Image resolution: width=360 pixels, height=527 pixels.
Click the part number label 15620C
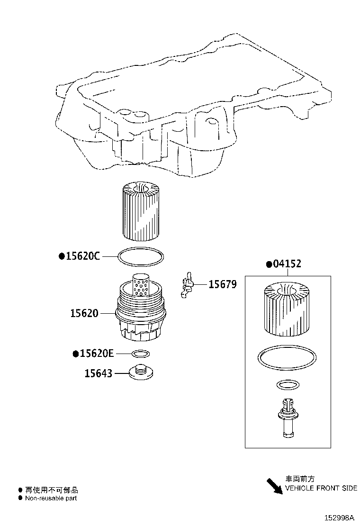[x=82, y=256]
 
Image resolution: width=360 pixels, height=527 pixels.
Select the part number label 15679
[x=223, y=284]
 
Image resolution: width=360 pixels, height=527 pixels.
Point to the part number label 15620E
[x=97, y=354]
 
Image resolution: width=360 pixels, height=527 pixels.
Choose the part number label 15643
[x=98, y=373]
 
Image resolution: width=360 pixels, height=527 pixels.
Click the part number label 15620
[x=84, y=313]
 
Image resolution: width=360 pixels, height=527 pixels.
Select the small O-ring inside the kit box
[x=287, y=385]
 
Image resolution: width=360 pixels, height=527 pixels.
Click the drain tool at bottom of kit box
[x=287, y=417]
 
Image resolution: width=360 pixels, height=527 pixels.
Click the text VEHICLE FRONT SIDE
[x=321, y=488]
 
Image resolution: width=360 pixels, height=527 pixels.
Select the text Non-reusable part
[x=51, y=498]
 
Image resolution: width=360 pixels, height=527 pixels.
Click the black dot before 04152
[x=269, y=264]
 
